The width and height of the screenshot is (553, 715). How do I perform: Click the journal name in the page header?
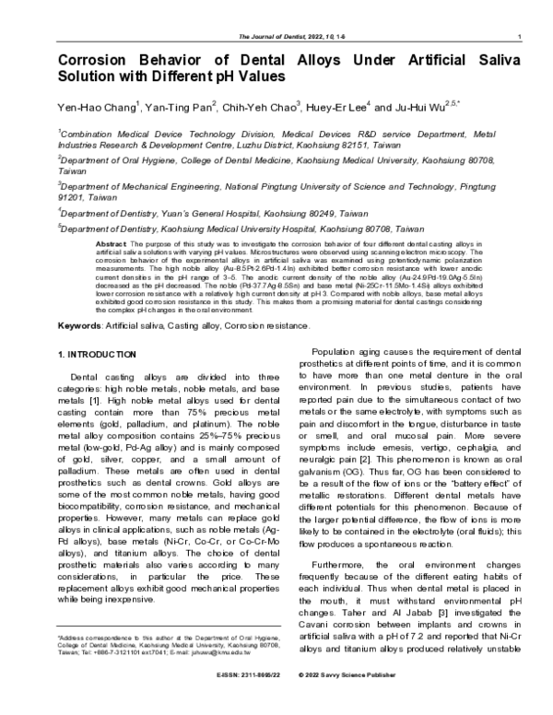(276, 36)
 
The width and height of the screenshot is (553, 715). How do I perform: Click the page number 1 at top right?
(523, 36)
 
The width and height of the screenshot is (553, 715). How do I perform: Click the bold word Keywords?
(78, 325)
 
